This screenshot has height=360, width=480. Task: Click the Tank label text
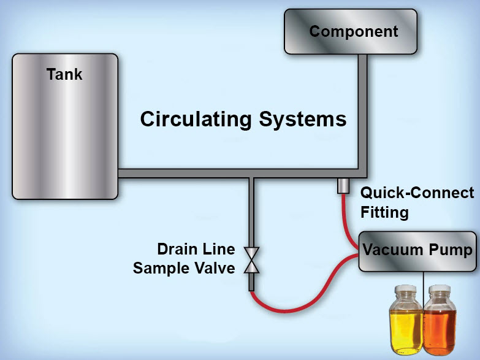(x=64, y=75)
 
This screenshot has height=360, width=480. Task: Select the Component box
(x=353, y=31)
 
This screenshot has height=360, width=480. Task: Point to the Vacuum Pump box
(x=417, y=251)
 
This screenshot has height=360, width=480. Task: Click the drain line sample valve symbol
(x=252, y=259)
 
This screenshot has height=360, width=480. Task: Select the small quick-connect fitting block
(x=343, y=185)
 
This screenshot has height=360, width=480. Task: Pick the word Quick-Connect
(x=417, y=193)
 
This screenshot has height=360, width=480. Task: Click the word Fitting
(x=384, y=212)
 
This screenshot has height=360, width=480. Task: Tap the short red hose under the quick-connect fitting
(x=345, y=218)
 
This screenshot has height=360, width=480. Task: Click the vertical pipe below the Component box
(x=362, y=110)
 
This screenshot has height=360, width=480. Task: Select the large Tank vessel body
(x=64, y=135)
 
